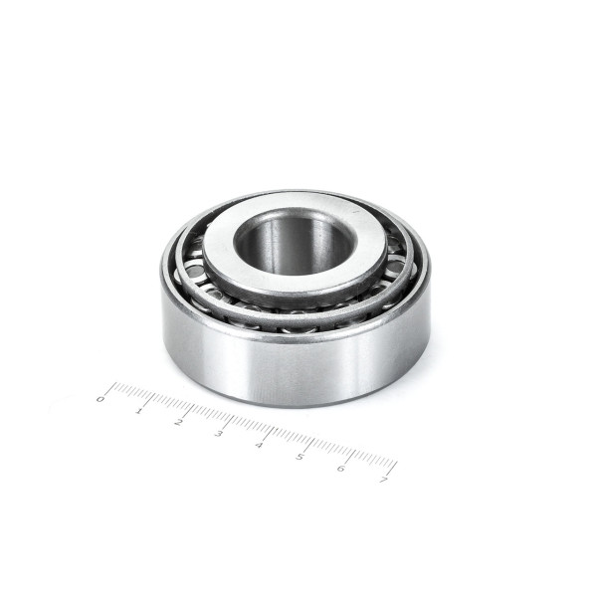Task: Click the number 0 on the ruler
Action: [x=100, y=399]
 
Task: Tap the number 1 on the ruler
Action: [x=139, y=412]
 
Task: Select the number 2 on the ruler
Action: [x=178, y=422]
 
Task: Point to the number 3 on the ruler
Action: [x=219, y=433]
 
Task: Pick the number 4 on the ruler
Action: [x=259, y=445]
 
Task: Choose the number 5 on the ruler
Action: [x=300, y=456]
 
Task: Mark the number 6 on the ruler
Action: [x=341, y=468]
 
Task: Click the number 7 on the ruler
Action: [x=383, y=480]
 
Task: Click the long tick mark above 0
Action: [x=110, y=388]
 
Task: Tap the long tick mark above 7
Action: [x=391, y=469]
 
